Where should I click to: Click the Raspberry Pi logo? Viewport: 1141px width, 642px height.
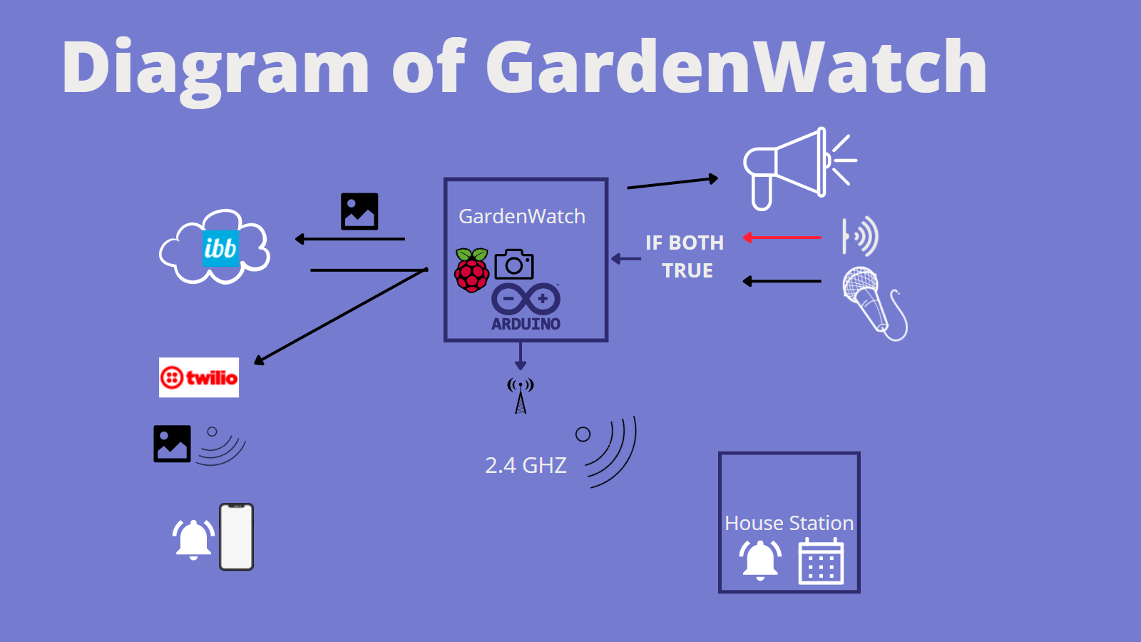[x=471, y=270]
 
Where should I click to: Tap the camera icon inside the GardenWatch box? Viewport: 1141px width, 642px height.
[x=513, y=265]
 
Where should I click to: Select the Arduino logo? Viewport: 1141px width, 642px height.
[x=526, y=307]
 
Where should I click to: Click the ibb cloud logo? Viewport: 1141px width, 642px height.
[x=215, y=248]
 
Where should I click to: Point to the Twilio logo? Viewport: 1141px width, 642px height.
[x=199, y=377]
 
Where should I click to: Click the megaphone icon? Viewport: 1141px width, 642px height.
[x=792, y=168]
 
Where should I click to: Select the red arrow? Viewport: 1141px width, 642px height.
[x=782, y=238]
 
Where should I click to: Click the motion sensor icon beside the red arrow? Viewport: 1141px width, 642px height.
[x=860, y=236]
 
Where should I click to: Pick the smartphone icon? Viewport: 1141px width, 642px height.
[x=237, y=537]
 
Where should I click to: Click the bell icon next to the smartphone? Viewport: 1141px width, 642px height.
[x=193, y=539]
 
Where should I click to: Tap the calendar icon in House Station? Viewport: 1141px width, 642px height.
[x=821, y=561]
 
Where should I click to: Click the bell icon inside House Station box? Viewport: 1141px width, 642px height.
[x=760, y=559]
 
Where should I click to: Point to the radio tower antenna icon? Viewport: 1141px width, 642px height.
[x=521, y=395]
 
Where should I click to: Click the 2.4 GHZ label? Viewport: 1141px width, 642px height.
[x=526, y=465]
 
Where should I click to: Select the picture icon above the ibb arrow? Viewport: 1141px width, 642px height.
[x=359, y=211]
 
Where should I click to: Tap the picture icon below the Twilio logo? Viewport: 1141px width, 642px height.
[x=172, y=444]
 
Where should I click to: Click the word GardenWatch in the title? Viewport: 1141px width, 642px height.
[x=736, y=67]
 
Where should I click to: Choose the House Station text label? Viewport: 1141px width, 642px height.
[x=789, y=523]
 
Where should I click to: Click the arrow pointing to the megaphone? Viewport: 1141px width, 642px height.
[x=672, y=183]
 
